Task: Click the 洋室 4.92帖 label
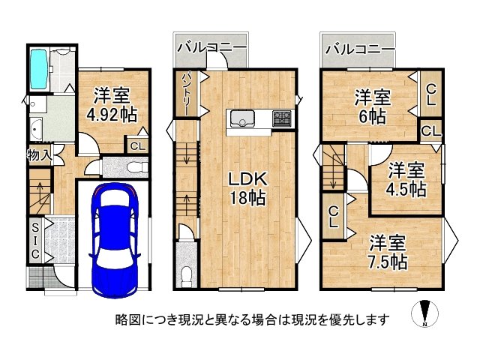(111, 106)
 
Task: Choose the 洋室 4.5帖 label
(406, 178)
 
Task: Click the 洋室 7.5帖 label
(388, 253)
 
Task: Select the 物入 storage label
(38, 156)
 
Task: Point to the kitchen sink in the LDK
(243, 118)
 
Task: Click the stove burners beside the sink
(281, 118)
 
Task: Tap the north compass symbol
(425, 314)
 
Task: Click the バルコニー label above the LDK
(211, 49)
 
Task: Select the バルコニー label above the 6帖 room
(360, 49)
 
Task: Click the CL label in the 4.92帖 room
(136, 147)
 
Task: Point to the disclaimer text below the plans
(252, 319)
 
